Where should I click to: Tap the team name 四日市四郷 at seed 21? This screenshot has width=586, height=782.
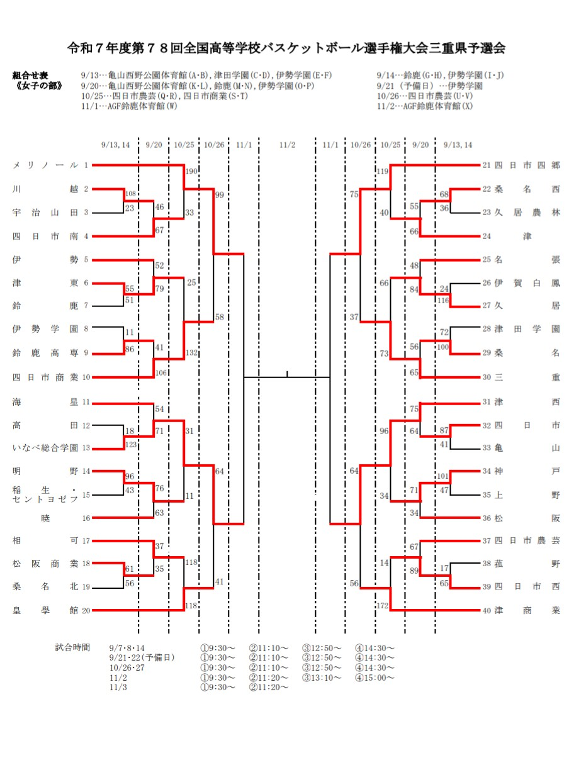[527, 165]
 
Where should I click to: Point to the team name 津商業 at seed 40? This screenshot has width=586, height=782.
[527, 610]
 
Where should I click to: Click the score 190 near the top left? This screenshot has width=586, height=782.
[191, 171]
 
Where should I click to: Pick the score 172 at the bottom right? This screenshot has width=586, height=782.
[382, 605]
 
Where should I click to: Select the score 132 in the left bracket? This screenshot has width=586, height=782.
[192, 353]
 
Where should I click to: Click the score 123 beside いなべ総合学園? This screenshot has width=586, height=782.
[131, 444]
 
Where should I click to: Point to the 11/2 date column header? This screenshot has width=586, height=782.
[287, 145]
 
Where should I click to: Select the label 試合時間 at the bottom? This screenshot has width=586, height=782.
[72, 647]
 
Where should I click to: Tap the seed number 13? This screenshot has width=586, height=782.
[86, 448]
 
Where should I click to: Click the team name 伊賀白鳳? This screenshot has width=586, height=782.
[527, 283]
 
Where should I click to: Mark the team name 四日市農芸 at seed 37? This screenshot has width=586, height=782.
[527, 540]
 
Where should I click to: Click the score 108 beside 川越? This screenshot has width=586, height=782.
[131, 194]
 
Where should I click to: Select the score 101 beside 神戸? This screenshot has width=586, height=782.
[443, 476]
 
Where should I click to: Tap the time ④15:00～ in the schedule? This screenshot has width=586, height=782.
[375, 678]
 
